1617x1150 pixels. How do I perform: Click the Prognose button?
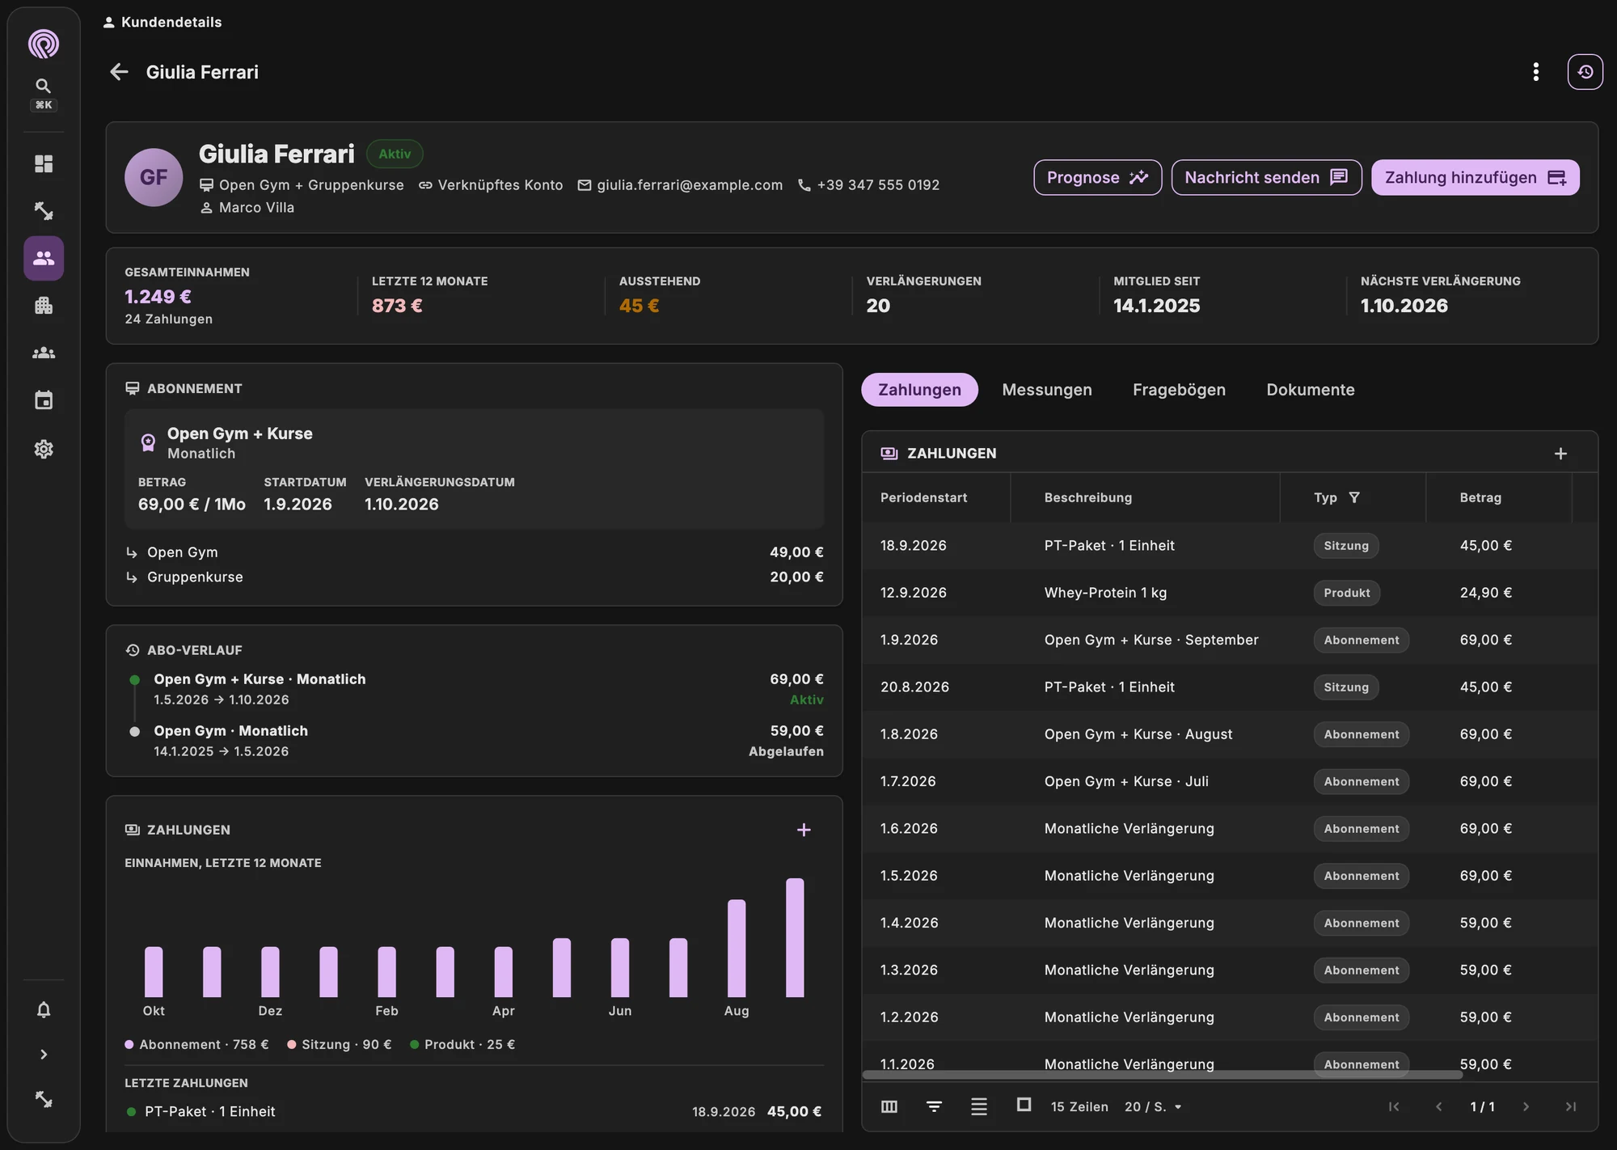click(x=1097, y=177)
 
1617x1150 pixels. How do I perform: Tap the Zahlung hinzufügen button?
click(x=1475, y=177)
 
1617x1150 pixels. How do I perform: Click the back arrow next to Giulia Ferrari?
click(x=119, y=72)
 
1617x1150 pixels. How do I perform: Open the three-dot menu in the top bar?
click(x=1536, y=72)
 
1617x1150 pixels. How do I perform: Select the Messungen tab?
click(x=1047, y=390)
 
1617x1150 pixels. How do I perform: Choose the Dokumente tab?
click(x=1311, y=390)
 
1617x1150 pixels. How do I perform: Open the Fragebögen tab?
click(x=1179, y=390)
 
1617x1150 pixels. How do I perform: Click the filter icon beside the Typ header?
click(x=1354, y=497)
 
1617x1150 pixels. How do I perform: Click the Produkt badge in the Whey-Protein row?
click(x=1347, y=593)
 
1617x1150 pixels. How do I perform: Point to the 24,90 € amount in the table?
click(x=1485, y=593)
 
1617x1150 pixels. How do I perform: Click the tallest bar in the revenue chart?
click(x=795, y=937)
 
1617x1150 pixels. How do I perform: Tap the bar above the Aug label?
click(x=737, y=948)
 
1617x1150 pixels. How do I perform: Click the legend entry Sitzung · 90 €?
click(x=340, y=1045)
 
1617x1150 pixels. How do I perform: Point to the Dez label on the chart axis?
click(x=270, y=1011)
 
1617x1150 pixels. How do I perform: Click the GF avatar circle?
click(x=154, y=177)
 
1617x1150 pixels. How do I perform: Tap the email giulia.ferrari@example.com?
click(x=690, y=185)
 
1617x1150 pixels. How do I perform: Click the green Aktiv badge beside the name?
click(x=395, y=154)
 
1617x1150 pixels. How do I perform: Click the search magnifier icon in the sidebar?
click(x=44, y=86)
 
